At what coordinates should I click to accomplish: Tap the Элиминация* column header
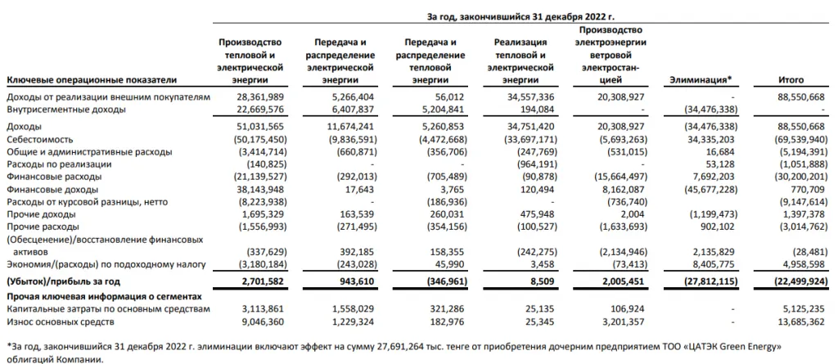click(x=701, y=80)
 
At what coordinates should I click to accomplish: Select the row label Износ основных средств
click(x=60, y=321)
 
